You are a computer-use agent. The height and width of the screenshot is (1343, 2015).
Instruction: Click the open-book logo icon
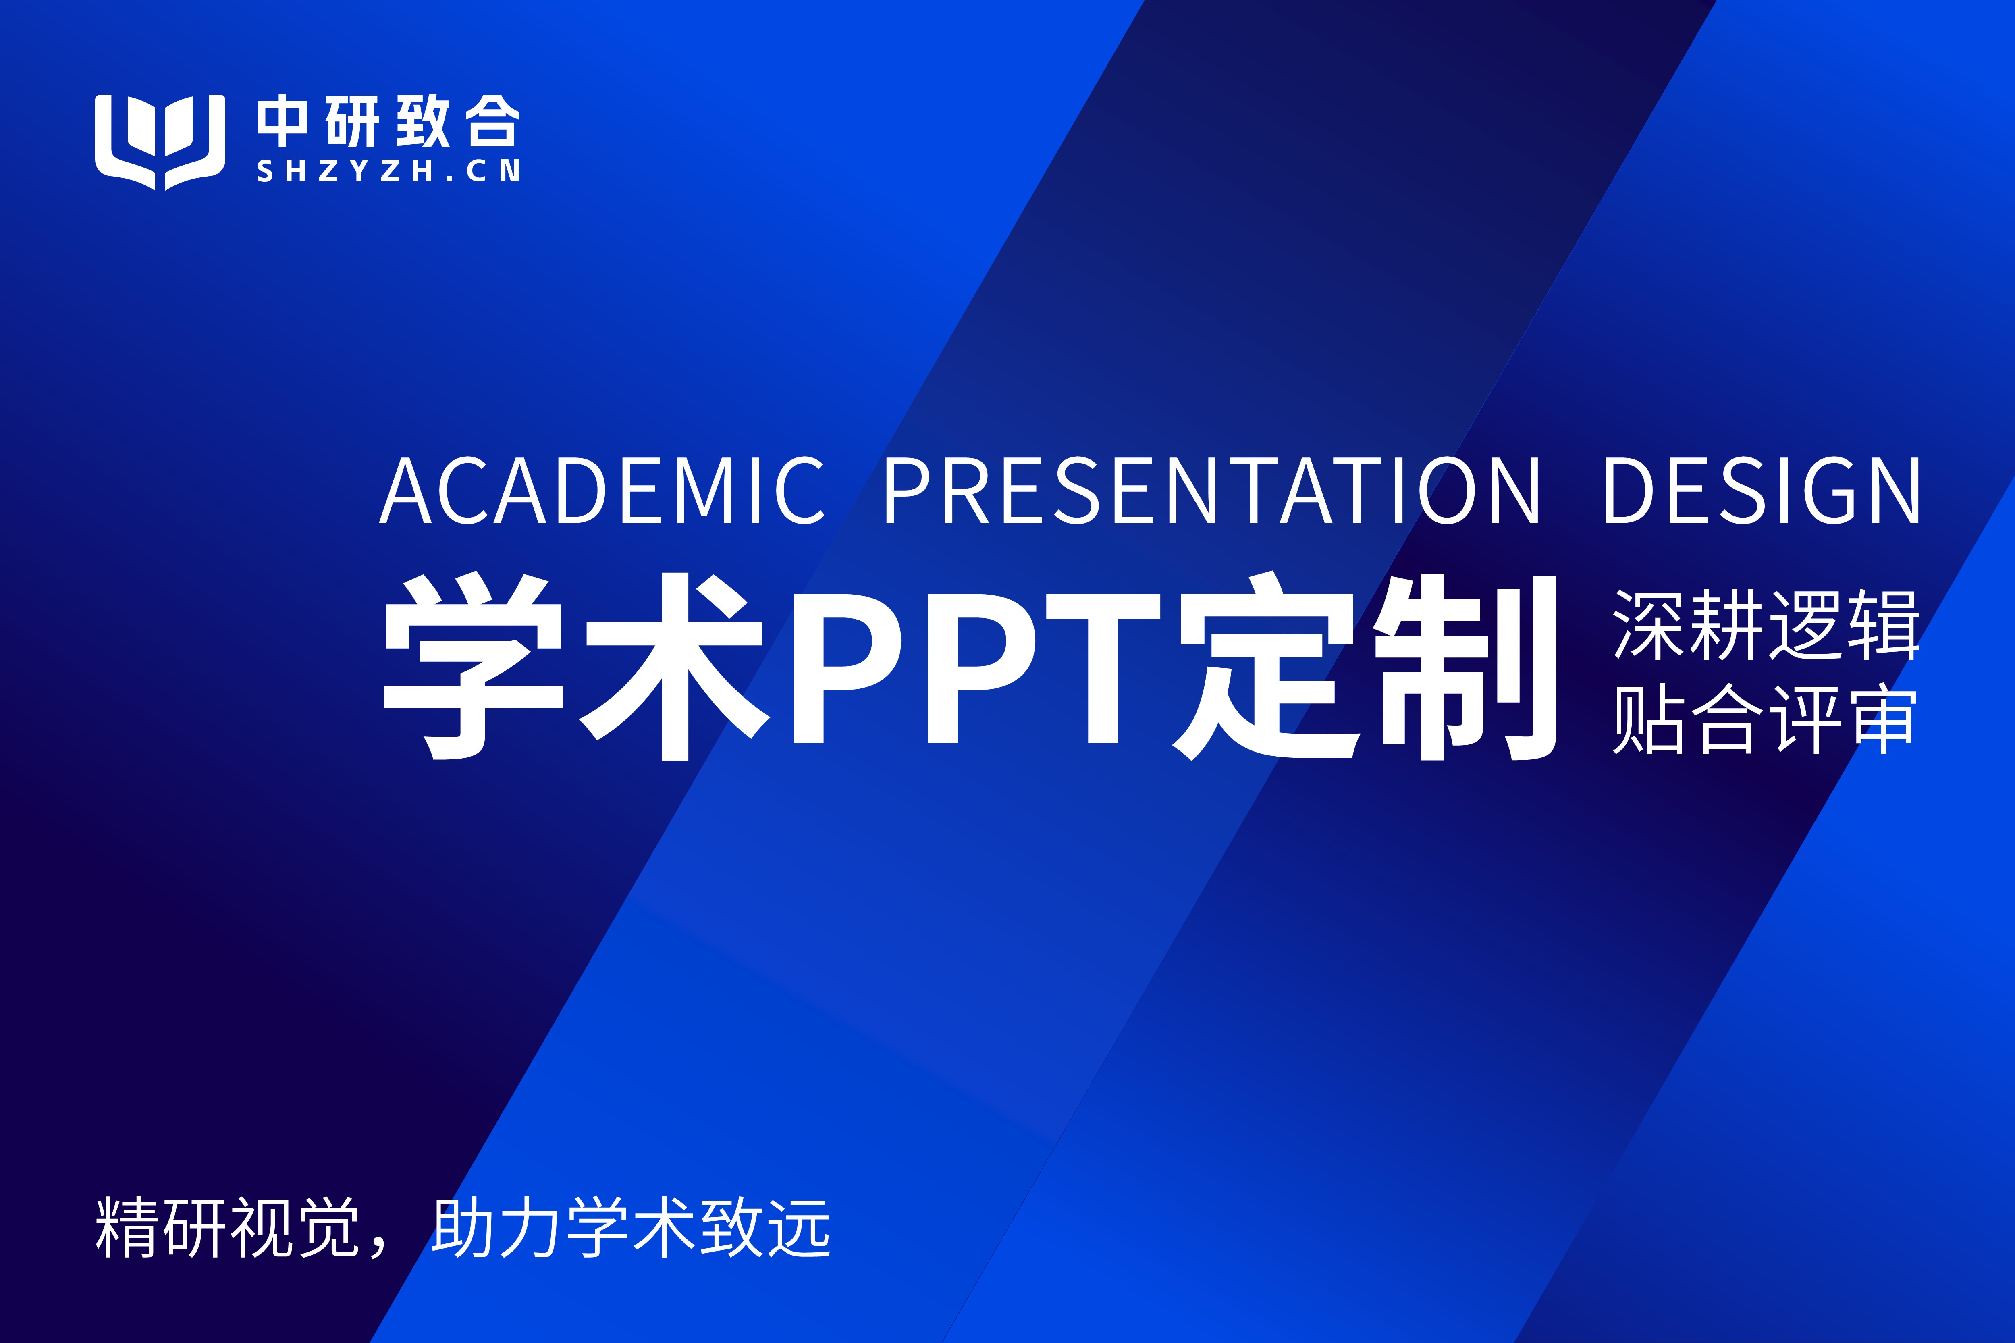pos(160,141)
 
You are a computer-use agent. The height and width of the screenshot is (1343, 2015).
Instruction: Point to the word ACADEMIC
pos(602,490)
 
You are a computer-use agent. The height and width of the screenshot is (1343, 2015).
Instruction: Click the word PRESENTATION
pos(1212,490)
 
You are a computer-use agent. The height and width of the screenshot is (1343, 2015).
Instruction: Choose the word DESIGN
pos(1762,490)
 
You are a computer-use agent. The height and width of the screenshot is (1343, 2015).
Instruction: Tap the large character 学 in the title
pos(474,665)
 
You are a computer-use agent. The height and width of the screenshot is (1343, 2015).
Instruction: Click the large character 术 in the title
pos(674,665)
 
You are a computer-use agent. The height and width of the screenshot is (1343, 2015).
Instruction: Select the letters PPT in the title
pos(977,668)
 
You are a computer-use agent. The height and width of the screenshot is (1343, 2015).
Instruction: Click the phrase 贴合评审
pos(1765,719)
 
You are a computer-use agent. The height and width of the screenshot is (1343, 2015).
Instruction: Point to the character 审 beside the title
pos(1882,719)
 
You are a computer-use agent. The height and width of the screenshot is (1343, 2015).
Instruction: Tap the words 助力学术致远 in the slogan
pos(631,1227)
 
